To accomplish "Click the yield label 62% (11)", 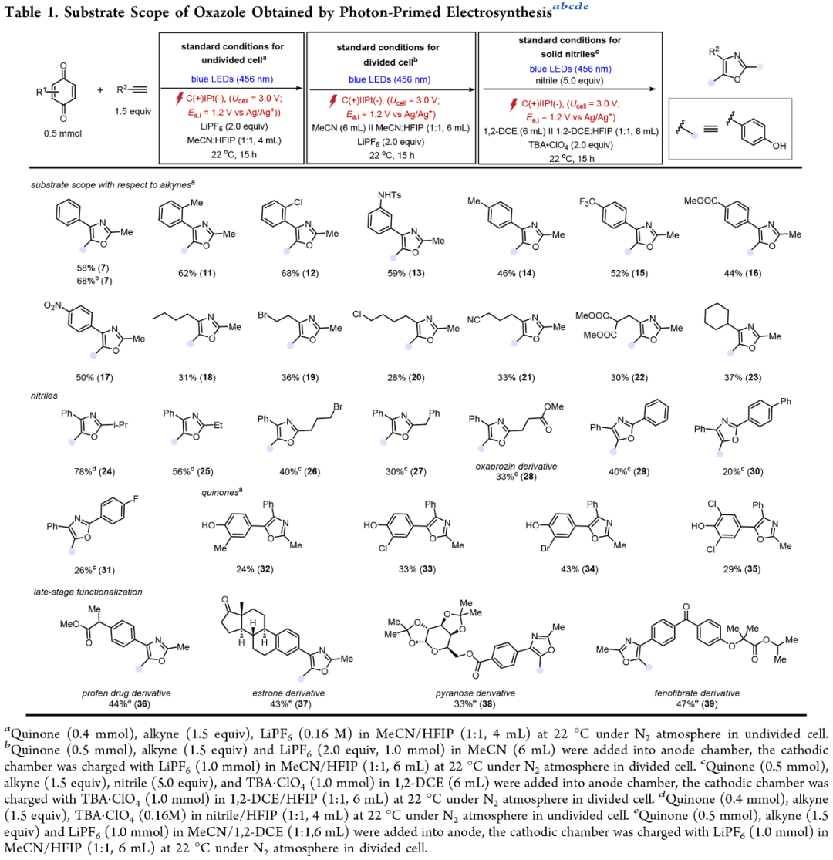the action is (197, 273).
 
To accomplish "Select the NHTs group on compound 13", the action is (390, 195).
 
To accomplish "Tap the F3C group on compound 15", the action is (587, 202).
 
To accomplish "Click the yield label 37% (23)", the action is (742, 377).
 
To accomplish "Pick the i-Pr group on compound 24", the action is (120, 424).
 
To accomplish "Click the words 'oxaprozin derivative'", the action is (516, 466).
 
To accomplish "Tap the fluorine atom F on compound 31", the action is (136, 498).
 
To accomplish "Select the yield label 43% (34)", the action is (579, 569).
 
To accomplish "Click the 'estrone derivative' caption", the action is (288, 693).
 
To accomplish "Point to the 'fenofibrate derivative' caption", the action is (697, 693).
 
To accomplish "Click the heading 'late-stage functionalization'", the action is (88, 592).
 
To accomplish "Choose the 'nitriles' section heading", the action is (44, 396).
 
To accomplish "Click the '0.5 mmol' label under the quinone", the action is (63, 133).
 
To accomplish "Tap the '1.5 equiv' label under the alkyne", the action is (133, 111).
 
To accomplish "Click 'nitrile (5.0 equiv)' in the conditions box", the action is (569, 81).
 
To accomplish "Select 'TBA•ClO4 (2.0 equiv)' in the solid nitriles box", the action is (571, 145).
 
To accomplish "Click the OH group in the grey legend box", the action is (779, 146).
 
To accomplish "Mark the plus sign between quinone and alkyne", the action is (100, 90).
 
